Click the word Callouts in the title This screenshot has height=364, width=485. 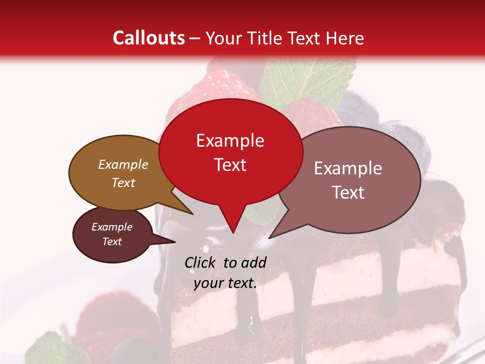[x=149, y=38]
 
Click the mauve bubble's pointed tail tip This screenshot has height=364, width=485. [x=269, y=238]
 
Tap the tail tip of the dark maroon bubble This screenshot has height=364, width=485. [x=175, y=242]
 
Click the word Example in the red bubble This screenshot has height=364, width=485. [x=230, y=141]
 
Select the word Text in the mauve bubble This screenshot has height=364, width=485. [x=348, y=193]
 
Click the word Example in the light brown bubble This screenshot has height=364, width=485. [x=123, y=165]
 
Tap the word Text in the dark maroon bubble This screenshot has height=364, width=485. [x=112, y=242]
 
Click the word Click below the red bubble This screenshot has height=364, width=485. [x=201, y=262]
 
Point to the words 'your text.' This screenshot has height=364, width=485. [x=225, y=283]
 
